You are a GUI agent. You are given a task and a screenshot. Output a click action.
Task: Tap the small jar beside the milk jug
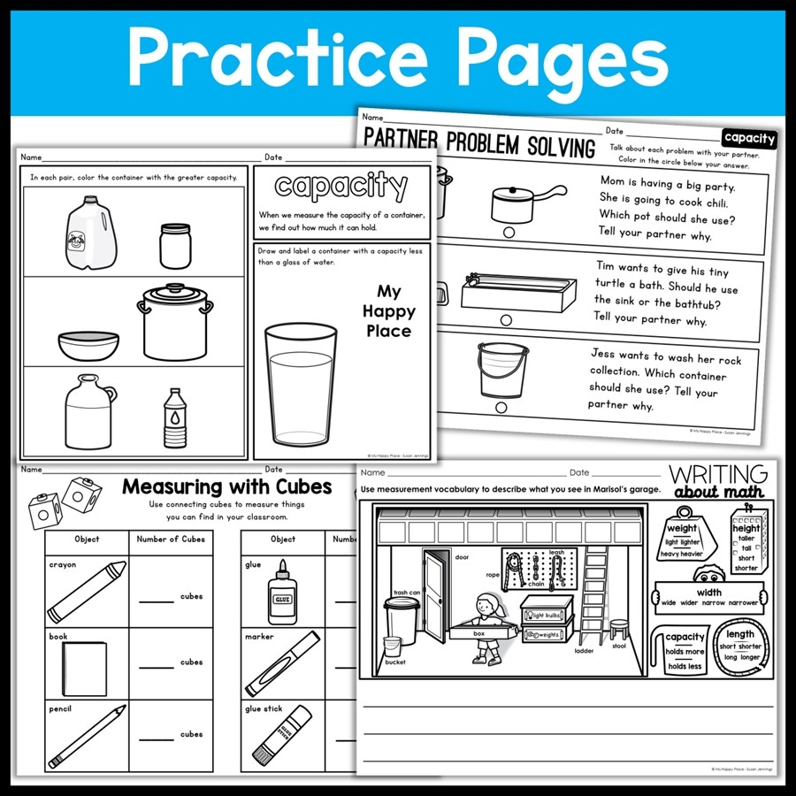[176, 245]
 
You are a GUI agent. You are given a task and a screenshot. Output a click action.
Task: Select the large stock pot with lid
[174, 322]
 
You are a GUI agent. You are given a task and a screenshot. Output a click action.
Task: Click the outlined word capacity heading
[341, 186]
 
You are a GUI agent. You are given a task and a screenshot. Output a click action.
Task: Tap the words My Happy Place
[388, 311]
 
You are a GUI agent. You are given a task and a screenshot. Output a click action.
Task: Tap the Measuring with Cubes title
[226, 486]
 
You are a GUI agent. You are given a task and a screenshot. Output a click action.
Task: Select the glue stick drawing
[282, 734]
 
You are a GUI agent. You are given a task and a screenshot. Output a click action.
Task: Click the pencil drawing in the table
[85, 737]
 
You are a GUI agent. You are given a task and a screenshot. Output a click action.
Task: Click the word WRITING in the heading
[717, 473]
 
